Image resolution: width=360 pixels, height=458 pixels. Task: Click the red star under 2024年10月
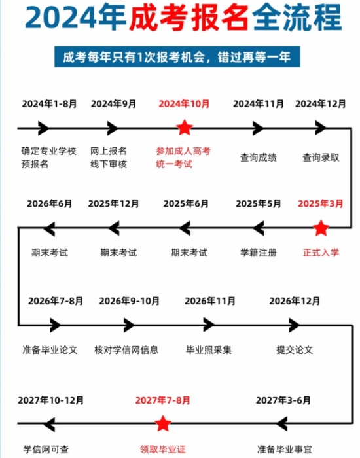(185, 128)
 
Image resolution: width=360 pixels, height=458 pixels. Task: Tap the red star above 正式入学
(321, 228)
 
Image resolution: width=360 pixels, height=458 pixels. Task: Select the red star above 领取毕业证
(163, 423)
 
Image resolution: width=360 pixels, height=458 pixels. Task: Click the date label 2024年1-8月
(49, 103)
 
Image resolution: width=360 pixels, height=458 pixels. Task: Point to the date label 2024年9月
(113, 103)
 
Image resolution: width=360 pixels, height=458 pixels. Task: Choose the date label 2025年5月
(259, 203)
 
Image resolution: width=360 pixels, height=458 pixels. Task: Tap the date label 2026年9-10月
(129, 301)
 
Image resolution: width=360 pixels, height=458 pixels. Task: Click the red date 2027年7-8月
(162, 400)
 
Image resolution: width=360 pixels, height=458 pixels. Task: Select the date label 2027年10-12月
(51, 400)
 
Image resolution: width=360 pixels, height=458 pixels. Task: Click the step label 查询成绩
(259, 158)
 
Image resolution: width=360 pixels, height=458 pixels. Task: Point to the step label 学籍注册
(259, 253)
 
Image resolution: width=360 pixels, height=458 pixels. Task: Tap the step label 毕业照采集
(209, 349)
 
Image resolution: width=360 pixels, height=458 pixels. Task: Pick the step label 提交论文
(295, 349)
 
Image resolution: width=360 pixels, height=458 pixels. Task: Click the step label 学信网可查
(46, 449)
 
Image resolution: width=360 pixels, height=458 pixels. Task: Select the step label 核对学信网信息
(126, 349)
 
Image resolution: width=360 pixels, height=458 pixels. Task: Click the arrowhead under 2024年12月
(321, 128)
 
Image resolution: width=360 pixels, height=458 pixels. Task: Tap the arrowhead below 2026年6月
(49, 228)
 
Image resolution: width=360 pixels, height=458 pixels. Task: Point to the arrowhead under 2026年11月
(209, 325)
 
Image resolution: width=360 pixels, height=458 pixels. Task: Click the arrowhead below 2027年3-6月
(282, 423)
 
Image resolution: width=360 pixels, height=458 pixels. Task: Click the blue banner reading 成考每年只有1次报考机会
(177, 57)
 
